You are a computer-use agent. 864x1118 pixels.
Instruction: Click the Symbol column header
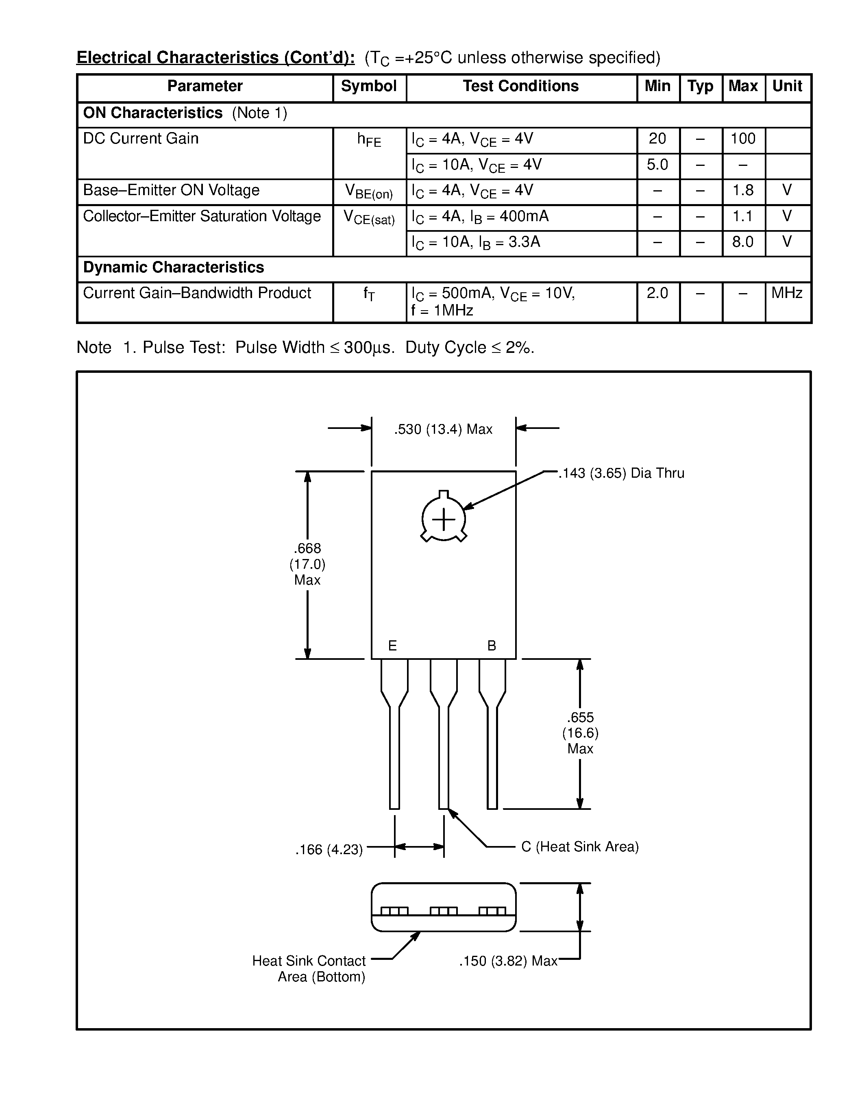tap(368, 86)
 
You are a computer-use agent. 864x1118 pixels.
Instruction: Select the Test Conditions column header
tap(520, 86)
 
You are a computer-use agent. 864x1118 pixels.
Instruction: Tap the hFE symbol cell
tap(369, 140)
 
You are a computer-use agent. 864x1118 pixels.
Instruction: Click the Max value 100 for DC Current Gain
tap(743, 139)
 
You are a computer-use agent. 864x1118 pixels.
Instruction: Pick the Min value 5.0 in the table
tap(657, 165)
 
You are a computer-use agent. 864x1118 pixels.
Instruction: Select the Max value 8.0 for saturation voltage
tap(743, 241)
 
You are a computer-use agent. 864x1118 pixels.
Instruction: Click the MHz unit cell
tap(787, 293)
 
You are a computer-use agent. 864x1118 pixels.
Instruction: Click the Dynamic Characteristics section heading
tap(174, 267)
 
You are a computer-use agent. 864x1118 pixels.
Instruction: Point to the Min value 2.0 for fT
tap(657, 293)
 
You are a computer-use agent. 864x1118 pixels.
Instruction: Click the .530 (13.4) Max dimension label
tap(443, 429)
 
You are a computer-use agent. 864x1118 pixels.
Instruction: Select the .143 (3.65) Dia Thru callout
tap(621, 473)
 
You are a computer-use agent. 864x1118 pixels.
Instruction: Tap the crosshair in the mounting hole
tap(444, 520)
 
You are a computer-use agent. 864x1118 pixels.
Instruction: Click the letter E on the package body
tap(393, 646)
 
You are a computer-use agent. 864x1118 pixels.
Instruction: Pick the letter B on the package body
tap(492, 646)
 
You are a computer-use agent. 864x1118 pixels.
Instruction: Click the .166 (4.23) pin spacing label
tap(329, 850)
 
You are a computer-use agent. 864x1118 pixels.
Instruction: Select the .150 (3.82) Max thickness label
tap(508, 961)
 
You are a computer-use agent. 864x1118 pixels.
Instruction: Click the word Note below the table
tap(94, 348)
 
